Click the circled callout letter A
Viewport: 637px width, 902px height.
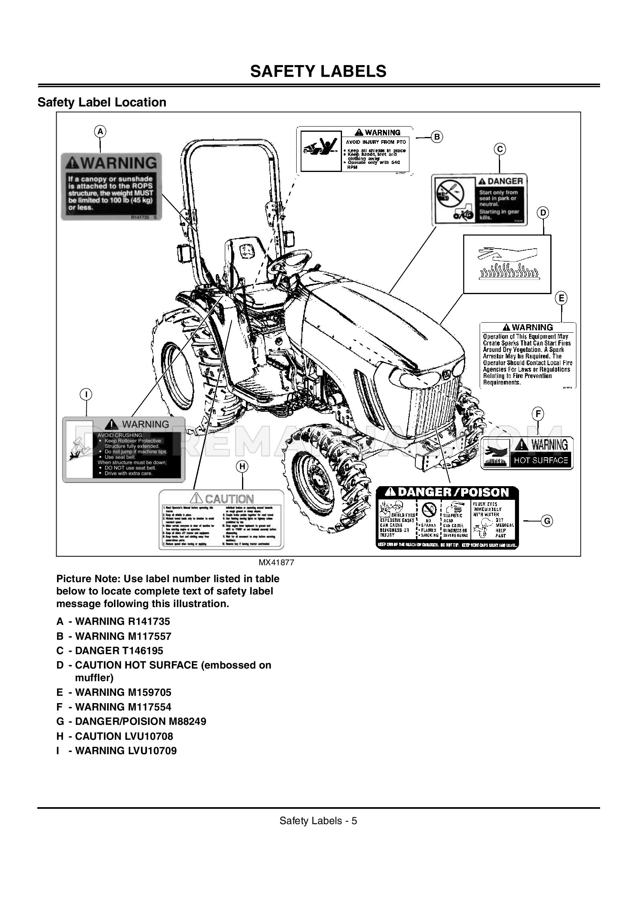pyautogui.click(x=100, y=131)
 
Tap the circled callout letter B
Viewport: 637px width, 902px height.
pyautogui.click(x=437, y=137)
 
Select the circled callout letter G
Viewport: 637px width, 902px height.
pyautogui.click(x=547, y=521)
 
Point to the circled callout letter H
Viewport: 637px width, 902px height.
pyautogui.click(x=242, y=466)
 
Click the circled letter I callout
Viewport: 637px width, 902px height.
pyautogui.click(x=86, y=395)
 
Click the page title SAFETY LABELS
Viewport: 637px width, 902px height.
pyautogui.click(x=318, y=71)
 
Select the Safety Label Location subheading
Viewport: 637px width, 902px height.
pyautogui.click(x=102, y=102)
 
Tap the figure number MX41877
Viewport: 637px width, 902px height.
pyautogui.click(x=276, y=562)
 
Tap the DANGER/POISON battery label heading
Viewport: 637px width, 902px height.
pyautogui.click(x=447, y=492)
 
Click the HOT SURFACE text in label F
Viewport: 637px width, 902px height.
pyautogui.click(x=541, y=460)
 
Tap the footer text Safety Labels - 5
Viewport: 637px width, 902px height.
pyautogui.click(x=318, y=820)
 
